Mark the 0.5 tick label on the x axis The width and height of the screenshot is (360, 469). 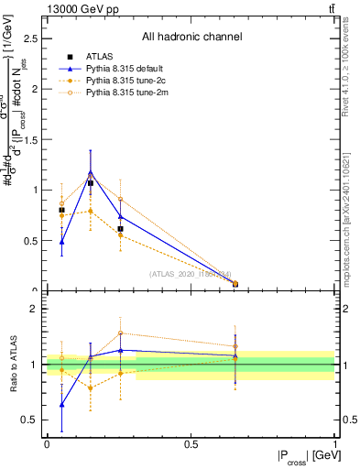[191, 444]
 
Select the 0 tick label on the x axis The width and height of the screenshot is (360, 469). [47, 444]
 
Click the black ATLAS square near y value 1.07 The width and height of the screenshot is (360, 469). [91, 183]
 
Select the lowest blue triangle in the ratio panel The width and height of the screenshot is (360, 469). [61, 404]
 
